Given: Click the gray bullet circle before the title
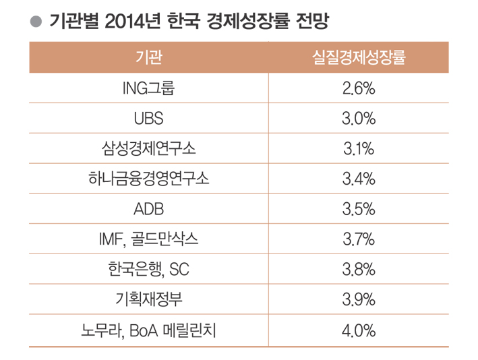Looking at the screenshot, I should point(36,22).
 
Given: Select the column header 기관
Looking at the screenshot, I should point(149,59).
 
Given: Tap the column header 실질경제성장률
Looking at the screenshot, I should point(358,59).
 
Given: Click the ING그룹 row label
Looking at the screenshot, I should point(149,88).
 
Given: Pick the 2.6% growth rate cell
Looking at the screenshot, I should point(358,88).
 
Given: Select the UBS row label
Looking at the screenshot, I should point(149,119).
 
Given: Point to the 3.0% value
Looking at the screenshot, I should point(358,119).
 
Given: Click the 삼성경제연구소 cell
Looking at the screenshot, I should point(149,149).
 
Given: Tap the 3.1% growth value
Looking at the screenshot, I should point(358,149).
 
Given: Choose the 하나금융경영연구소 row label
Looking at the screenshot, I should point(149,179).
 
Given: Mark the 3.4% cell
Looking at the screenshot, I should point(358,179).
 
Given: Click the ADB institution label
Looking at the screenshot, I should point(149,209).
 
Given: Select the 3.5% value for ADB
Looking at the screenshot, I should point(358,209).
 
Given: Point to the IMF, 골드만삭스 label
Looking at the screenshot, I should point(149,239).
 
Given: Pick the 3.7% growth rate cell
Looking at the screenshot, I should point(358,239).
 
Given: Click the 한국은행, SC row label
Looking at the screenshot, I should point(149,270).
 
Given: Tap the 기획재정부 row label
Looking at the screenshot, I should point(149,300).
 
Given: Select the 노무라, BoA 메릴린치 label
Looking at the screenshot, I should point(149,330).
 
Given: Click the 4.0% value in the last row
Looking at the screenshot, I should point(358,330).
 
